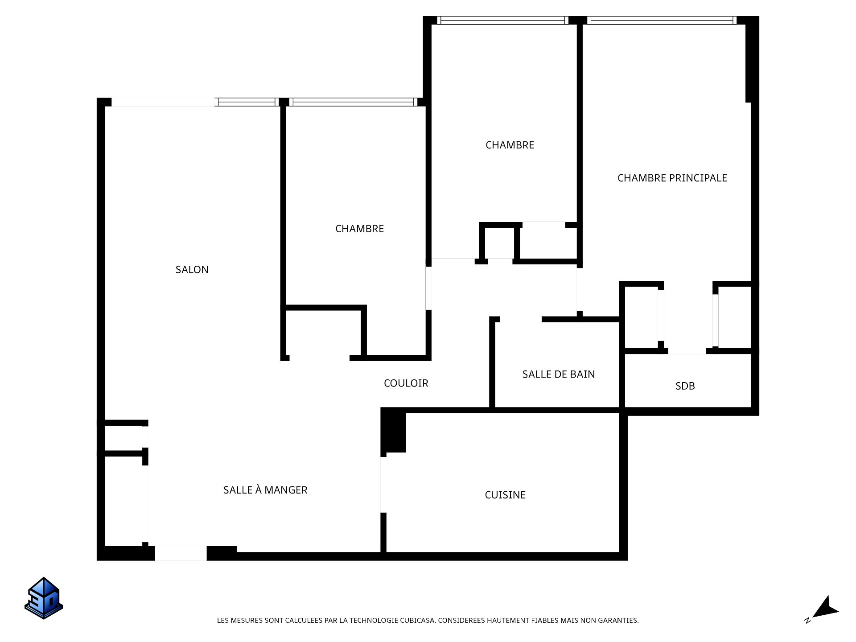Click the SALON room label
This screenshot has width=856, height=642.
coord(192,269)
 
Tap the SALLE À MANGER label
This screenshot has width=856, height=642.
coord(265,490)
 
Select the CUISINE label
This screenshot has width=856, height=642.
coord(505,495)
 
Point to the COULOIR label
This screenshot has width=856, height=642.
coord(406,383)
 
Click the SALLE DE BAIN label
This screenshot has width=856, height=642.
coord(559,374)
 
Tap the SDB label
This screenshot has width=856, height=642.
coord(685,386)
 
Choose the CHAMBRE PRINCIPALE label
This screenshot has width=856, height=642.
coord(672,178)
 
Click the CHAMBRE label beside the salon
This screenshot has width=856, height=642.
coord(359,229)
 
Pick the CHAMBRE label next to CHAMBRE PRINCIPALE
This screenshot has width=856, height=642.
coord(510,145)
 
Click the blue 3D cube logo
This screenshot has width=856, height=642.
coord(44,598)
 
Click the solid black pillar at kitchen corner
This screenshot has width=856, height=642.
coord(393,430)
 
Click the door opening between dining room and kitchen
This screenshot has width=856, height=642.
coord(383,485)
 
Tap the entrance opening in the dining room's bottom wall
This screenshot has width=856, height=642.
coord(181,553)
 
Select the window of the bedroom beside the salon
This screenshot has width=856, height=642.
coord(354,102)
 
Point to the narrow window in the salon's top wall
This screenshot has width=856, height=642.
coord(247,102)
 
